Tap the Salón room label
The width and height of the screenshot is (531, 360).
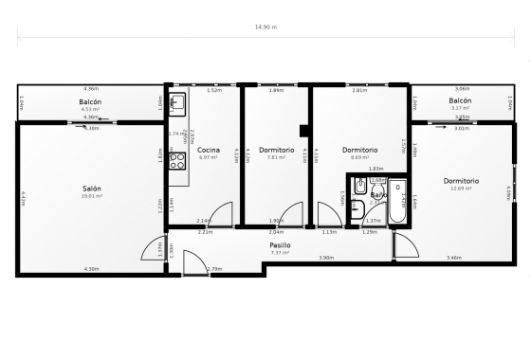(x=92, y=189)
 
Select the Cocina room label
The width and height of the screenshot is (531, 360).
(x=209, y=150)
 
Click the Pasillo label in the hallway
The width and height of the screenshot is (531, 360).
(x=280, y=244)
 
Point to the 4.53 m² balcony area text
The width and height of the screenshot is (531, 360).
(x=91, y=109)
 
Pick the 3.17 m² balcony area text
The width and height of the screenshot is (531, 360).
(x=460, y=108)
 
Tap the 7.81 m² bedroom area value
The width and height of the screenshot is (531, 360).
(x=276, y=157)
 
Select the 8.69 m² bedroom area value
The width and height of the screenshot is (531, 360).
(x=360, y=157)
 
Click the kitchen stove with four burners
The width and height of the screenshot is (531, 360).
(x=177, y=161)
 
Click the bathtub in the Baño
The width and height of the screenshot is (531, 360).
(x=397, y=200)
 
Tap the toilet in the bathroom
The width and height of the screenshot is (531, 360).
(x=355, y=208)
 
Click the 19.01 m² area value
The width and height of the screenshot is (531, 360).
(x=92, y=197)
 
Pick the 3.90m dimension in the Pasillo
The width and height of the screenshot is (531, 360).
(x=325, y=258)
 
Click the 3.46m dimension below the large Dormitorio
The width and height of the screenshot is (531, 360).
(x=454, y=258)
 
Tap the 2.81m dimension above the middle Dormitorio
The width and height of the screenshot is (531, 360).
(x=359, y=91)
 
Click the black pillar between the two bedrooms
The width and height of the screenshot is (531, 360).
(x=303, y=131)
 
